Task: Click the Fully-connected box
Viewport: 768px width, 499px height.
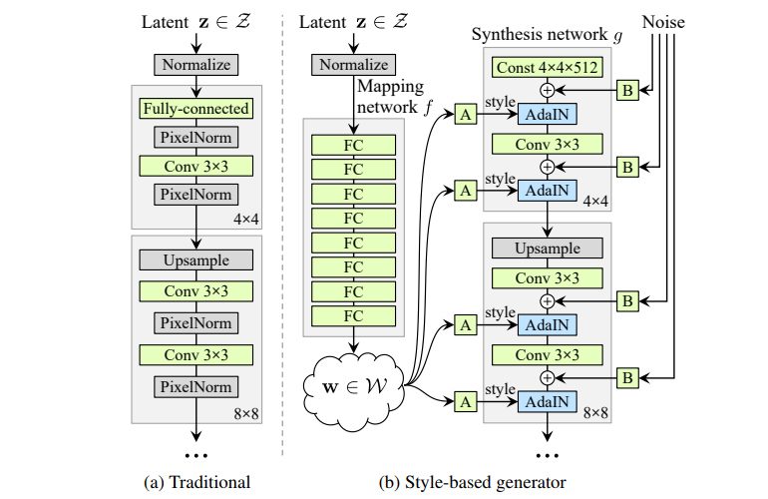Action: pos(195,108)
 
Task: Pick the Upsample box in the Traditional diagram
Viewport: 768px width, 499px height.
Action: pos(195,259)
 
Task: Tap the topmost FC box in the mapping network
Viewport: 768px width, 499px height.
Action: pos(354,143)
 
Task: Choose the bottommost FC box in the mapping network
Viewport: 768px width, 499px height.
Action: pos(354,316)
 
